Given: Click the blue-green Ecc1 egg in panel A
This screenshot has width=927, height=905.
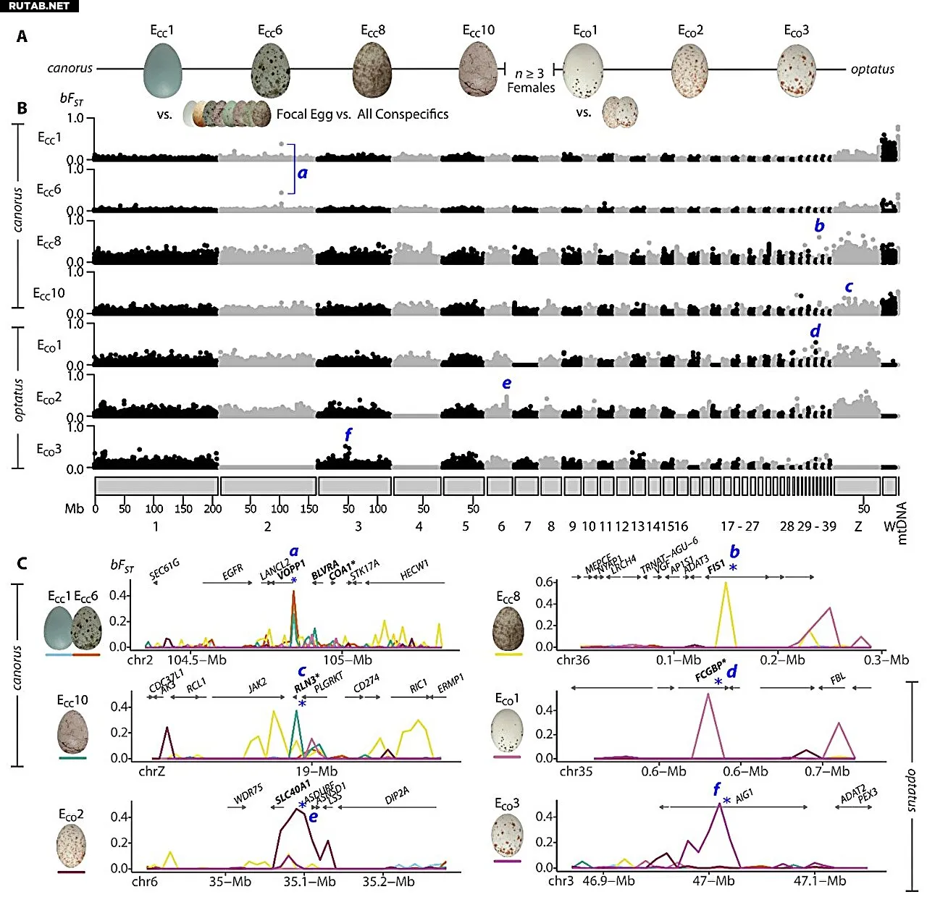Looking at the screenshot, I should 162,70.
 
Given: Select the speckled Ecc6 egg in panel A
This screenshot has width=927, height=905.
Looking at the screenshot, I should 270,70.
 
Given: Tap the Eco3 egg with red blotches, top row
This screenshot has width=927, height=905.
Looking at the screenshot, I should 796,70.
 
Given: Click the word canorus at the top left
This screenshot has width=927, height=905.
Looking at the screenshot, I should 70,68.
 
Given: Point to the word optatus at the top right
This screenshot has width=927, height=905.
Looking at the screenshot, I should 872,70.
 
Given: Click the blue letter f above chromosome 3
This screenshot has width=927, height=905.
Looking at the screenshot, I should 348,434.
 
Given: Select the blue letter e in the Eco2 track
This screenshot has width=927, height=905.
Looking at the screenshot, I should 506,383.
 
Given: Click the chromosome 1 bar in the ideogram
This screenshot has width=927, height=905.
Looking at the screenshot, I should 156,486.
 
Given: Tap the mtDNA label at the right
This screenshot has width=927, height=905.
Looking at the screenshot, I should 902,523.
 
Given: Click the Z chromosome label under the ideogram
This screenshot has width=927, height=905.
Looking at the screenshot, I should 857,526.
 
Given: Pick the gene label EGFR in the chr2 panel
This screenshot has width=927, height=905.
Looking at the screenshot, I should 232,572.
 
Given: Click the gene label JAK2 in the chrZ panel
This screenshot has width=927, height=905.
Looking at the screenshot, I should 257,685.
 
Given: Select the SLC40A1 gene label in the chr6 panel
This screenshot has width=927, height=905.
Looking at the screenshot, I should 293,792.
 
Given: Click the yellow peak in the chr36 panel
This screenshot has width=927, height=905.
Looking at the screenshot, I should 726,584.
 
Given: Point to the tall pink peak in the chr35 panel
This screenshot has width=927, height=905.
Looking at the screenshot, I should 707,694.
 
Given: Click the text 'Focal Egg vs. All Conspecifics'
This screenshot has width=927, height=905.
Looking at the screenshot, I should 362,114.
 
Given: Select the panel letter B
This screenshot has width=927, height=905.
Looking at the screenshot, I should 22,109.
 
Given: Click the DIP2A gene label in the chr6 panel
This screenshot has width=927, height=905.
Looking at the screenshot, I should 397,796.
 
